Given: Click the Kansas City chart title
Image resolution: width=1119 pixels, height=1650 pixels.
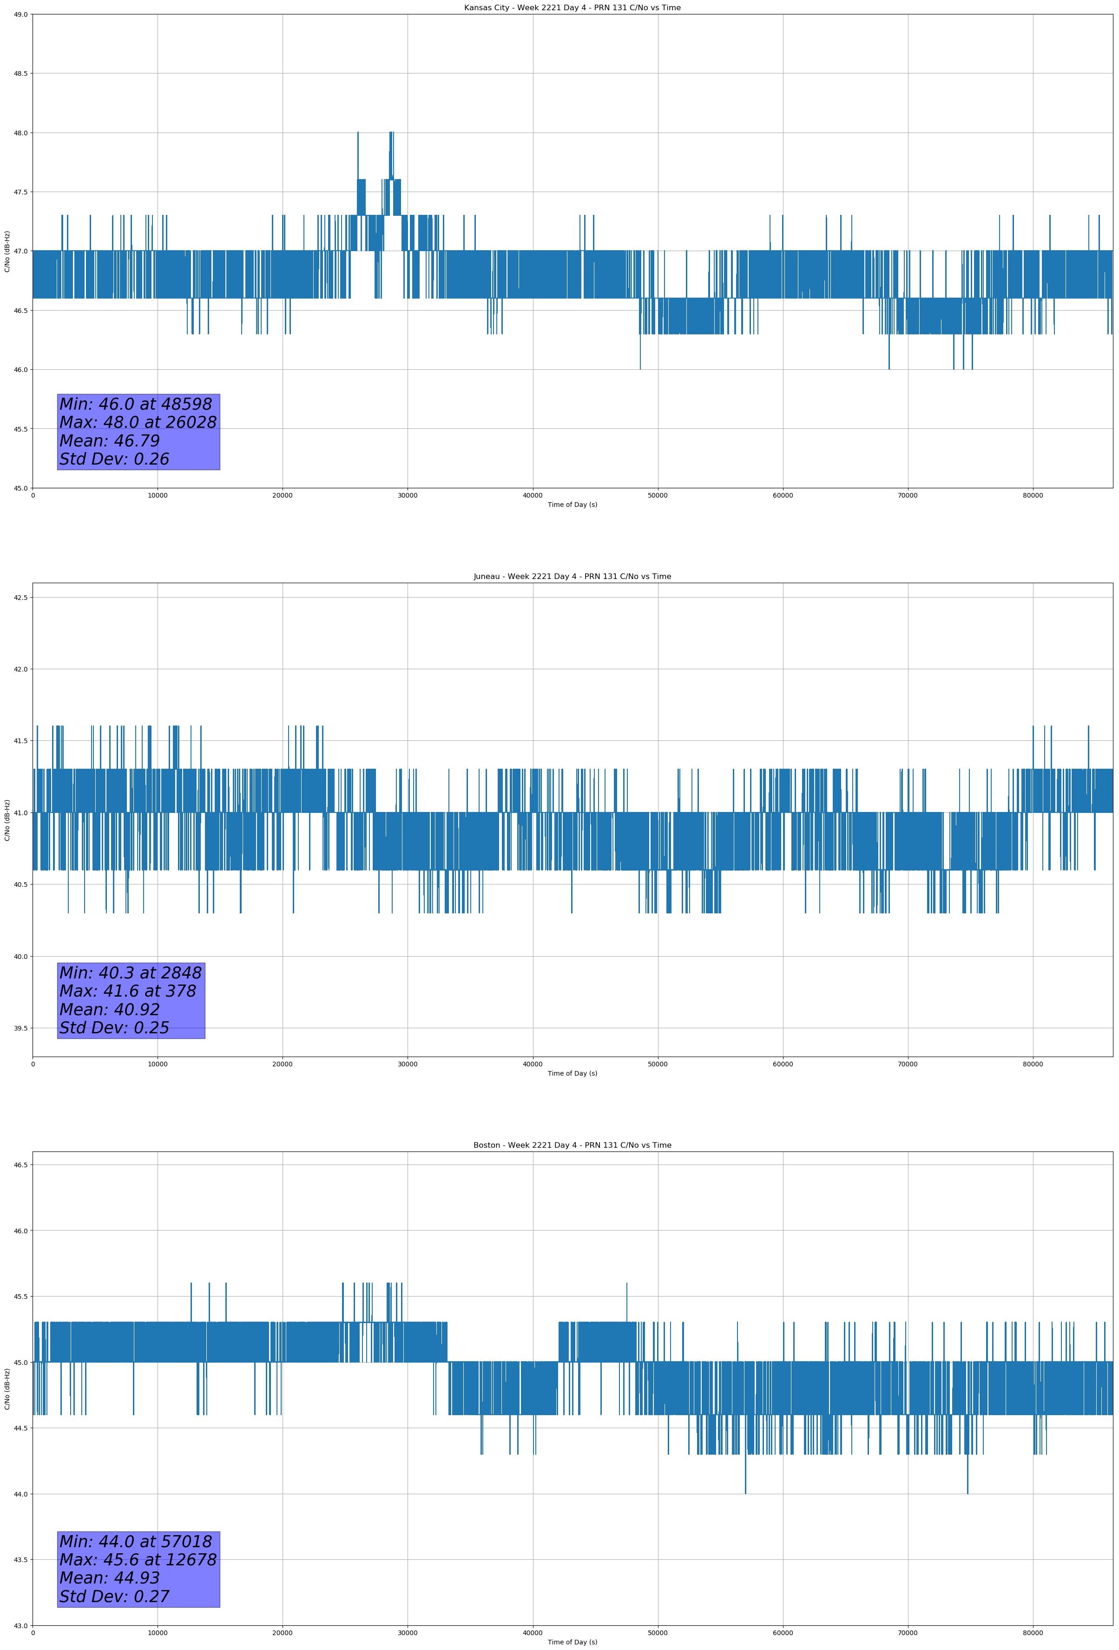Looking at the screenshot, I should click(572, 8).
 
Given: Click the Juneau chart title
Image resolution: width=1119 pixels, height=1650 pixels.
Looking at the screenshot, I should click(572, 577).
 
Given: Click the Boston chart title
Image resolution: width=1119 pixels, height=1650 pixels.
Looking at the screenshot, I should click(572, 1145).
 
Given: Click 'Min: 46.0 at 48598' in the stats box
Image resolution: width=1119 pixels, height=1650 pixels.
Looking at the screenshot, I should click(136, 404).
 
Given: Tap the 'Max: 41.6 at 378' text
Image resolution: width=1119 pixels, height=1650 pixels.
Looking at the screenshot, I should click(128, 991).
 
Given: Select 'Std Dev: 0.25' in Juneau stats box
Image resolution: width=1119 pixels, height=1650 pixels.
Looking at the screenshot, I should click(114, 1028).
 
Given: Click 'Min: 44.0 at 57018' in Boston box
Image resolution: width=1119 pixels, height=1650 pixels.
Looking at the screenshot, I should click(136, 1541).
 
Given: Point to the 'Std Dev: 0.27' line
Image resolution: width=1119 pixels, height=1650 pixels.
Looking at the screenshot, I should click(114, 1597).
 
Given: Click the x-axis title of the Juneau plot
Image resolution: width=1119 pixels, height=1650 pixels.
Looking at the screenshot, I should click(572, 1073).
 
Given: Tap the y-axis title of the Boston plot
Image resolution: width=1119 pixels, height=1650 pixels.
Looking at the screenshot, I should click(7, 1389).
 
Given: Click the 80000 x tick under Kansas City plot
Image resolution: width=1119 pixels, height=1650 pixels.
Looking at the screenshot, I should click(1033, 496).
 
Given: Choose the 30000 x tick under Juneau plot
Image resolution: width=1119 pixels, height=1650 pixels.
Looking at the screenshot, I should click(407, 1064).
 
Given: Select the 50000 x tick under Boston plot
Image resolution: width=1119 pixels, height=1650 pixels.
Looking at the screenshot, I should click(657, 1633).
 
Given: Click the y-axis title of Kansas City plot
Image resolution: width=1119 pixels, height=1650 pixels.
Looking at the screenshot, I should click(7, 251).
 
